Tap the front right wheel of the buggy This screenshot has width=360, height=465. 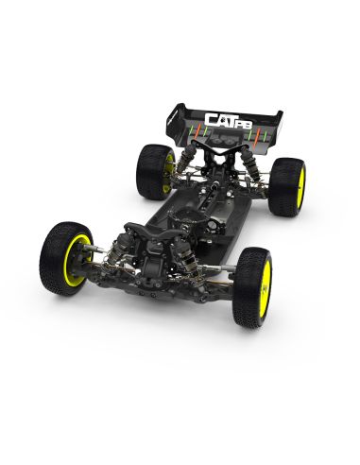coord(251,274)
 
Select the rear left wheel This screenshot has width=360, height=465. coord(153,171)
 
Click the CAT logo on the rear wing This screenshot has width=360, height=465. coord(223,118)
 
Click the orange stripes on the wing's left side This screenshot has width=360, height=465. coord(193,126)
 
